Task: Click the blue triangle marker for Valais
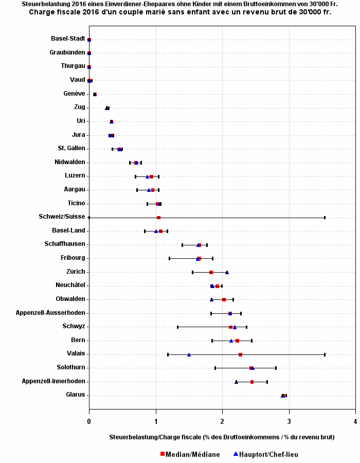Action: point(189,354)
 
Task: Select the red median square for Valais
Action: point(240,354)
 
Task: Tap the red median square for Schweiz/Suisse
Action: point(158,218)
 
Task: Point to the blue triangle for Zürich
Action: point(227,272)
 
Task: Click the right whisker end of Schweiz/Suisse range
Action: point(325,218)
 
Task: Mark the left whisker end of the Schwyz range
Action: point(177,327)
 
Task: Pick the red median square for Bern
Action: point(237,341)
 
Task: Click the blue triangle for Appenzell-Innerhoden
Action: point(237,382)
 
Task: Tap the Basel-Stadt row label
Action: point(68,39)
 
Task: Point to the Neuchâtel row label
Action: point(70,285)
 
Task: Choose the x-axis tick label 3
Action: point(289,421)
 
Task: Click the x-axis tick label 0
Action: point(89,421)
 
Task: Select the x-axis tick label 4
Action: point(355,421)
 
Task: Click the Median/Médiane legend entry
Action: point(190,454)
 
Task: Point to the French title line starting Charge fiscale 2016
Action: point(180,12)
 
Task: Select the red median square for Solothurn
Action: point(251,368)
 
